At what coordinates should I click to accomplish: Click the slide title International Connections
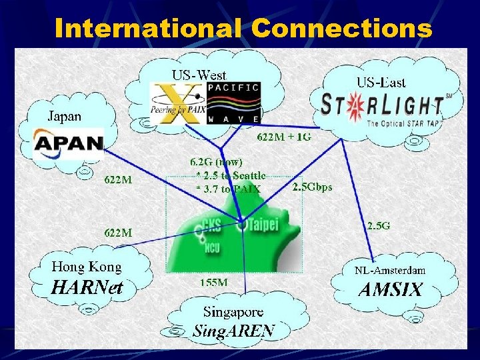243,28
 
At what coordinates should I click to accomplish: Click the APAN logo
69,143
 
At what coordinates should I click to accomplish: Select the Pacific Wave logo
234,103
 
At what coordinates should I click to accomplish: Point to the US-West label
199,75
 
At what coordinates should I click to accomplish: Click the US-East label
381,83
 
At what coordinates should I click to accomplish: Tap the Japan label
64,116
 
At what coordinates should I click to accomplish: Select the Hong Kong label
87,267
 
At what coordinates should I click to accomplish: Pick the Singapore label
233,311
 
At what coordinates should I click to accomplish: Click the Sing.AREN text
233,331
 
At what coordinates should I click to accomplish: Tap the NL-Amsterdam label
390,271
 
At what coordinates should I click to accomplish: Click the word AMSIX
390,290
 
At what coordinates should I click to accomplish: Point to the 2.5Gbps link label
312,187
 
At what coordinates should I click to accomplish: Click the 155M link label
214,282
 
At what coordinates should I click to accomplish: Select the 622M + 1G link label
284,138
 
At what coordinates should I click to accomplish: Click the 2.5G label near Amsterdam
379,225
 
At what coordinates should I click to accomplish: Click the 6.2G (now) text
217,161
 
